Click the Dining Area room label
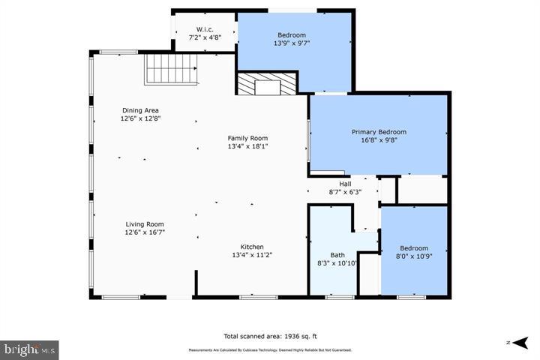point(139,110)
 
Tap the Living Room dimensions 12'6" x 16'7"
point(145,232)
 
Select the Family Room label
point(247,138)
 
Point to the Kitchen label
point(251,247)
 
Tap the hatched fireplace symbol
point(266,84)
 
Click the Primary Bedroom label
point(380,131)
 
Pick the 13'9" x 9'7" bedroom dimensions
point(292,43)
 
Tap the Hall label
point(345,184)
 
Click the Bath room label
point(337,254)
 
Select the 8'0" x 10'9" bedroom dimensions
point(414,256)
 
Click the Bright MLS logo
point(29,349)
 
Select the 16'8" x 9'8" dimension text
point(380,140)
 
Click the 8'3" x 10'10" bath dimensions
point(337,263)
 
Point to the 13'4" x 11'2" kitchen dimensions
point(251,255)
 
